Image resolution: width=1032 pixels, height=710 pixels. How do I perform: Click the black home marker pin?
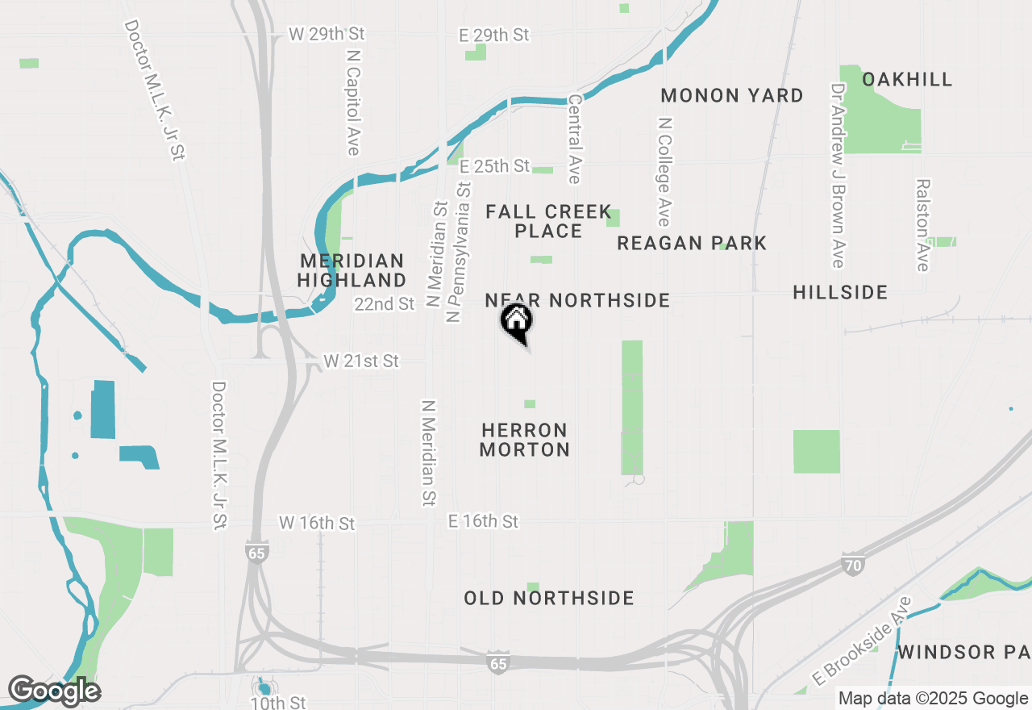tap(517, 322)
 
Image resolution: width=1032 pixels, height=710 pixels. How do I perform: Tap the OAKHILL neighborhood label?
tap(907, 79)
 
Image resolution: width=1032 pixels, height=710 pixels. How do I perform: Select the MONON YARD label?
tap(732, 95)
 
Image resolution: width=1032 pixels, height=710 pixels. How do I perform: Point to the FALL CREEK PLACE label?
tap(549, 221)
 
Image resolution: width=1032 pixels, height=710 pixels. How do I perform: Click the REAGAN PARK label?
tap(692, 243)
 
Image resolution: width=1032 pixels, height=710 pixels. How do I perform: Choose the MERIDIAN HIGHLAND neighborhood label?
tap(352, 270)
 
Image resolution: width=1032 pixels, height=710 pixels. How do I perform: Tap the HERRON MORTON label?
tap(525, 440)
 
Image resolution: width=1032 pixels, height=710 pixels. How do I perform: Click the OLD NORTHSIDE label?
tap(549, 598)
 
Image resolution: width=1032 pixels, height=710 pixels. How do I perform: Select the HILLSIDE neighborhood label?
tap(840, 292)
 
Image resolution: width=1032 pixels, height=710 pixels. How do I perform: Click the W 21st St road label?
tap(360, 361)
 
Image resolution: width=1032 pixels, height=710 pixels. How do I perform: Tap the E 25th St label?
tap(494, 166)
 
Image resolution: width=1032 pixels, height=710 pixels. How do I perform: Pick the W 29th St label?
tap(327, 35)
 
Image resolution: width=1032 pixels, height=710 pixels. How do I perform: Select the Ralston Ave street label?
tap(923, 224)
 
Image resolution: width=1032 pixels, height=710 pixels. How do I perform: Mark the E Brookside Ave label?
tap(863, 641)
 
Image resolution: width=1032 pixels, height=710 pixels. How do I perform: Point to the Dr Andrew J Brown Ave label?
tap(838, 175)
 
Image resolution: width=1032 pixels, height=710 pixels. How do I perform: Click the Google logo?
tap(54, 691)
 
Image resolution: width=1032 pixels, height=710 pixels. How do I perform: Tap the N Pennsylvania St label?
tap(457, 252)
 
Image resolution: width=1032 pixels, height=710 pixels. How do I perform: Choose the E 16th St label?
tap(483, 522)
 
